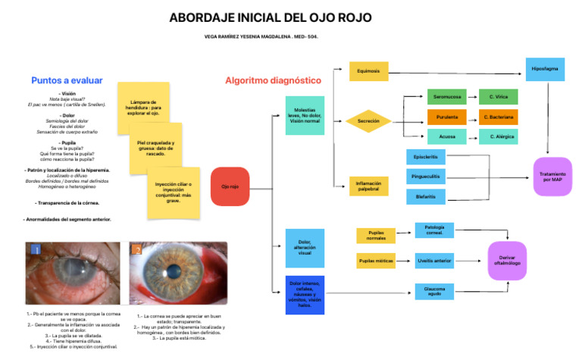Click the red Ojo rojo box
230,186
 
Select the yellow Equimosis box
368,71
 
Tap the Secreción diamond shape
368,121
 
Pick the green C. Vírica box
498,97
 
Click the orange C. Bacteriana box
498,117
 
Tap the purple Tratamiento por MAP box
552,176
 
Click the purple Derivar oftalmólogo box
507,261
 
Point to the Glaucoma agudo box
435,292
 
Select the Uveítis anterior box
435,261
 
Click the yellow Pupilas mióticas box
376,261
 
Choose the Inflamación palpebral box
368,185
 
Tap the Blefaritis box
426,197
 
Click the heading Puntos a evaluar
67,80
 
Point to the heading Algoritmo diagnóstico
273,80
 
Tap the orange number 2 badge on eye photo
137,249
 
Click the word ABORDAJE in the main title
201,17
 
